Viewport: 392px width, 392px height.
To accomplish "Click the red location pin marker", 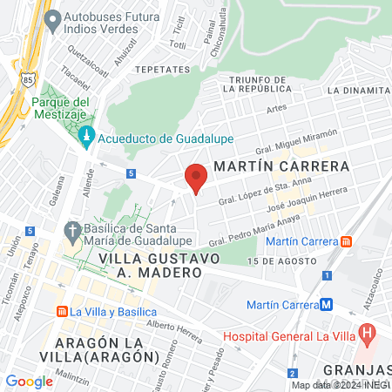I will click(197, 177).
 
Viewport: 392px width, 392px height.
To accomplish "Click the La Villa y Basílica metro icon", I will click(63, 311).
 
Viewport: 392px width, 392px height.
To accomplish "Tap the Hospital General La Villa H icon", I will click(367, 332).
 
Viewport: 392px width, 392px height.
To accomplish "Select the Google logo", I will click(29, 381).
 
